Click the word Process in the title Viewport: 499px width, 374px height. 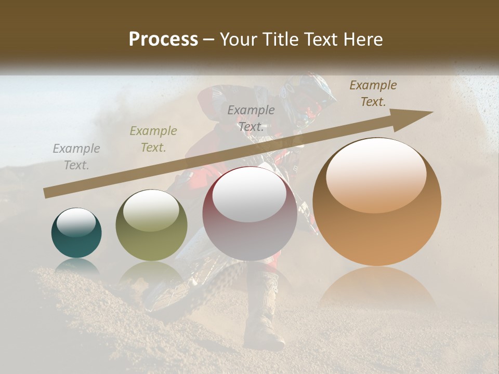point(163,39)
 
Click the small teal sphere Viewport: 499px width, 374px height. point(76,233)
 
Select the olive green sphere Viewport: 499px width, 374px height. point(151,225)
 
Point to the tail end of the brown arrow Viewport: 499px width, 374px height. point(47,193)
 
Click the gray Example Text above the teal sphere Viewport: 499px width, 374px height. point(76,157)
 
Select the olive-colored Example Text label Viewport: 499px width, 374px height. point(153,139)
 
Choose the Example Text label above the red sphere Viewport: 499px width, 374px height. point(251,118)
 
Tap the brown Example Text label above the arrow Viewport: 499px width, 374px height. point(373,94)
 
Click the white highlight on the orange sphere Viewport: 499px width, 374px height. point(376,174)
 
